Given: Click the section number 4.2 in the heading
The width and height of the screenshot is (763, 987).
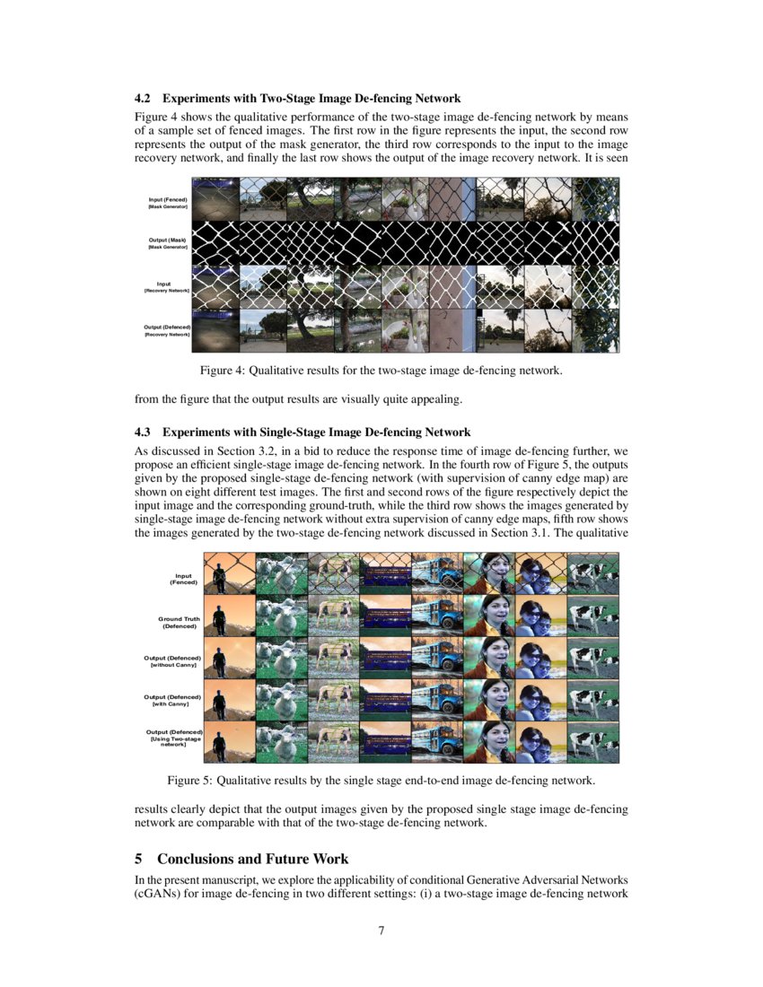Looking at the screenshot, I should pyautogui.click(x=143, y=98).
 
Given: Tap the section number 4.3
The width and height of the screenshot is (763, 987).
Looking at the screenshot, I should pyautogui.click(x=143, y=432).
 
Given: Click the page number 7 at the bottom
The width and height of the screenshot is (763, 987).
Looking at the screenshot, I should pyautogui.click(x=381, y=930).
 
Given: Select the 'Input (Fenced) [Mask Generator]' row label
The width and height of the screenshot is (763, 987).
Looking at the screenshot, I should pyautogui.click(x=168, y=201).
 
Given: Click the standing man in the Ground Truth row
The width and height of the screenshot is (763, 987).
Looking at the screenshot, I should pyautogui.click(x=217, y=617).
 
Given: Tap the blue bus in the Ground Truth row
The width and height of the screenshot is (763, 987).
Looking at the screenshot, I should pyautogui.click(x=436, y=617).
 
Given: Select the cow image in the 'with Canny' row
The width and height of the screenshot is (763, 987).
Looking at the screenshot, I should pyautogui.click(x=592, y=700).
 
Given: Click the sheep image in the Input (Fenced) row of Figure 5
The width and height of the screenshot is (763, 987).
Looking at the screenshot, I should pyautogui.click(x=280, y=574).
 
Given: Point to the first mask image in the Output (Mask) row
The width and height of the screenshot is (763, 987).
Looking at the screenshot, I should pyautogui.click(x=215, y=242).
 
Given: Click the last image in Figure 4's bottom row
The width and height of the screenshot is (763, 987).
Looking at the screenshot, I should pyautogui.click(x=595, y=330).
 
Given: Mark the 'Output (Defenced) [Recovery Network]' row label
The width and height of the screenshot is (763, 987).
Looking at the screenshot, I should pyautogui.click(x=168, y=330).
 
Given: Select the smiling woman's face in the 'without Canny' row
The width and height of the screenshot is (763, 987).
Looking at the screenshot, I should pyautogui.click(x=488, y=657).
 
